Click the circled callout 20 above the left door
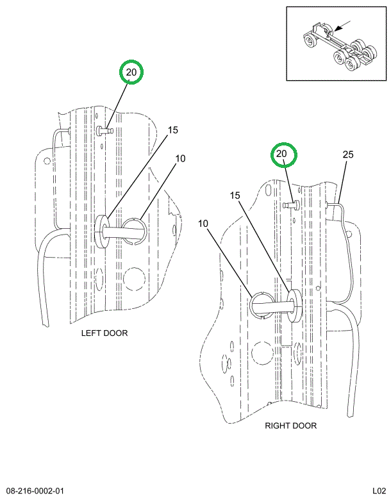(x=131, y=72)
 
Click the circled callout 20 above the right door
(x=281, y=154)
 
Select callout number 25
(x=348, y=154)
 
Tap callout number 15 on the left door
(x=172, y=130)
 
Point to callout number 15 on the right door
(x=235, y=195)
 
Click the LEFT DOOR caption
(x=104, y=333)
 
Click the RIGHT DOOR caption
(x=290, y=426)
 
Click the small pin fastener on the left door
(x=104, y=131)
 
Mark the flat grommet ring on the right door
(x=294, y=304)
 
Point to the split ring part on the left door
(x=135, y=231)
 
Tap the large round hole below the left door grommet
(x=133, y=278)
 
